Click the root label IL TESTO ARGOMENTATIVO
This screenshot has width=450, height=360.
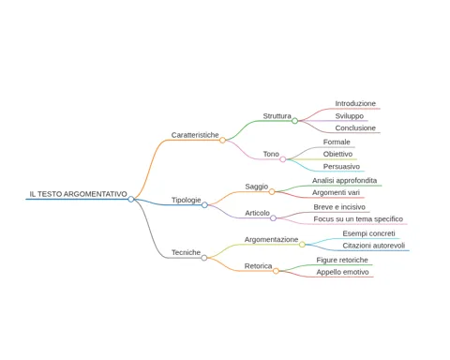(x=78, y=194)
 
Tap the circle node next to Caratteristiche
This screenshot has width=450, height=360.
(x=222, y=140)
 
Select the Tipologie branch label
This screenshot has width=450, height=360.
(x=186, y=200)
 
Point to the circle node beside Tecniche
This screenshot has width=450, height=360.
(x=204, y=258)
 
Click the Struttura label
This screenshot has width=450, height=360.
(x=277, y=116)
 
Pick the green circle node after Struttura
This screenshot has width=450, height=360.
(x=294, y=121)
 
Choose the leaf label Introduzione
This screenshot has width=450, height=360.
(x=355, y=103)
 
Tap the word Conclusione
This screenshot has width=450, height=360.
(x=355, y=128)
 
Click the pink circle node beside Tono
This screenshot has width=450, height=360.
(x=283, y=159)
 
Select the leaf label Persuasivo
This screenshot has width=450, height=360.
(x=341, y=167)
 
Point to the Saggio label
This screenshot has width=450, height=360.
(x=257, y=187)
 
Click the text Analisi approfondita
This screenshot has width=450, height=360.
(x=344, y=181)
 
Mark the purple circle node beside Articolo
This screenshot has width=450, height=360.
(x=273, y=218)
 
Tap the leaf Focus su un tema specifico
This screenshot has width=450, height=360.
(x=358, y=219)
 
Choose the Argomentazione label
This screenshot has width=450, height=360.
(x=271, y=240)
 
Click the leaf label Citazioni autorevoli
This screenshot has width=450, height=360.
(x=374, y=246)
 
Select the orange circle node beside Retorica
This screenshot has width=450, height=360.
(x=276, y=271)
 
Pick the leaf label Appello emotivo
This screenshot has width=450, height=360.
(x=342, y=272)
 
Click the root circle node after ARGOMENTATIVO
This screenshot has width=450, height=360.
(x=131, y=199)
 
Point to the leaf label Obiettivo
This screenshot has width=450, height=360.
(x=337, y=154)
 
